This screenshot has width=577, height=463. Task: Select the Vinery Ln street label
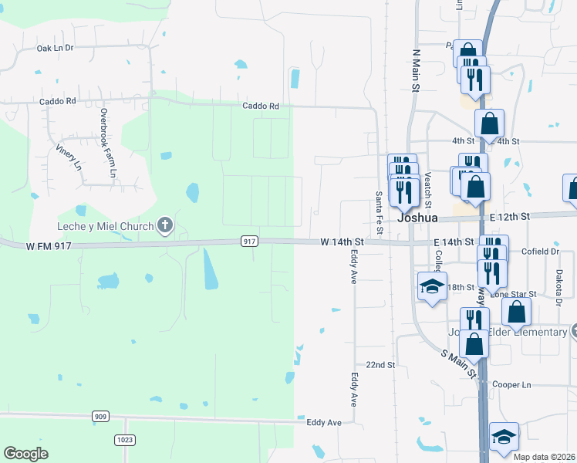click(x=69, y=154)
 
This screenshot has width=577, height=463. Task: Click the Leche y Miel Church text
click(x=105, y=226)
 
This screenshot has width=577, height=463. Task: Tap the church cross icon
click(x=164, y=226)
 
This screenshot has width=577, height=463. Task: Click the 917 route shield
click(x=248, y=242)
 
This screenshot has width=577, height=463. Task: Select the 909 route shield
click(x=100, y=417)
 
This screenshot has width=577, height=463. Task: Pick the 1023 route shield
click(x=124, y=440)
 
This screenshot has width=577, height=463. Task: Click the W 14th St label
click(x=342, y=242)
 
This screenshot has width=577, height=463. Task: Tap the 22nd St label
click(x=380, y=364)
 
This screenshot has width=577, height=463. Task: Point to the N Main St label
click(x=415, y=71)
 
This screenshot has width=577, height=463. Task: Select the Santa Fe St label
click(x=379, y=214)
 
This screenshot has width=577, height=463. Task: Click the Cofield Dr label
click(x=540, y=252)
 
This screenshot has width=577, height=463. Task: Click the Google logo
click(x=25, y=454)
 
